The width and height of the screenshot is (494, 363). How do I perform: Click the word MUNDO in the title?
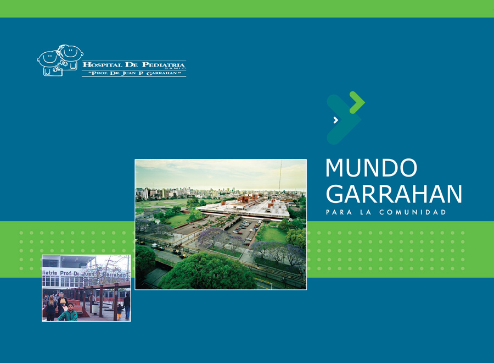click(372, 168)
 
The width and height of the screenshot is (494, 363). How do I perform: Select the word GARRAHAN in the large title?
click(394, 194)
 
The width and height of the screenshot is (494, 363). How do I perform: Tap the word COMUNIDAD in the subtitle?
click(413, 212)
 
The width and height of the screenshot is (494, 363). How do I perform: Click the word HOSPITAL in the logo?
click(102, 65)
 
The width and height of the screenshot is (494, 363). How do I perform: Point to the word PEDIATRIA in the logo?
click(163, 64)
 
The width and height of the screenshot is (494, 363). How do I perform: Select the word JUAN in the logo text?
click(128, 73)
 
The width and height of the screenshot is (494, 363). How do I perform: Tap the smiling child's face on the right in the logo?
click(71, 52)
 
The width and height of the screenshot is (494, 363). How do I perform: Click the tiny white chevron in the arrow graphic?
click(336, 120)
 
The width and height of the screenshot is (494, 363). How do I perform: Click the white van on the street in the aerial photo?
click(154, 245)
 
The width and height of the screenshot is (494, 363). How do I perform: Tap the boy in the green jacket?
click(68, 312)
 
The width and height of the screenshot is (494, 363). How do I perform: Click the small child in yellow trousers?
click(120, 312)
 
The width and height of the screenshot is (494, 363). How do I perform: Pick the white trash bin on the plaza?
click(95, 308)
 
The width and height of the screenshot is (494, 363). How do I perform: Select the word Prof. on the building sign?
click(66, 273)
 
